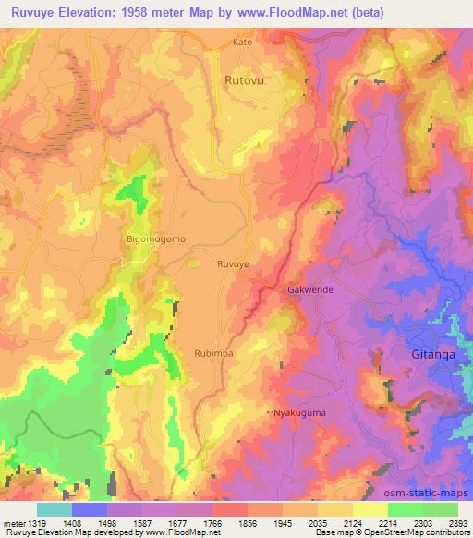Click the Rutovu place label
click(243, 80)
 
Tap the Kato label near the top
click(242, 42)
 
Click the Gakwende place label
click(311, 288)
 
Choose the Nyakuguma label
click(299, 412)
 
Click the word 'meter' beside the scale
click(11, 523)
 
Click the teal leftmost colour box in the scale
click(54, 509)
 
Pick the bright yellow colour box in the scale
click(370, 509)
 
